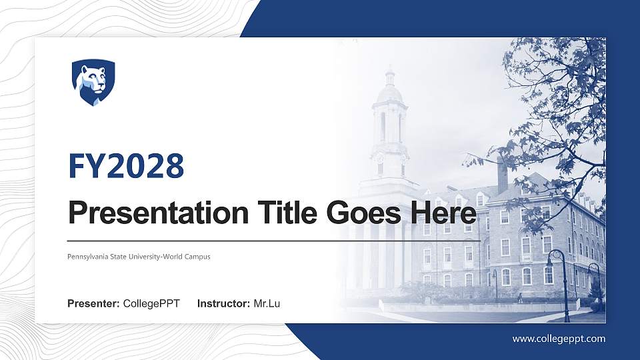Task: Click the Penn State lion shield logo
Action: pos(93,82)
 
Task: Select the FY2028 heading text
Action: pos(126,166)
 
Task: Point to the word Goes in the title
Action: pos(359,214)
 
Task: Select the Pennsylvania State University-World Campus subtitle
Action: pos(139,256)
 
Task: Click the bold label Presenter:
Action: pos(93,304)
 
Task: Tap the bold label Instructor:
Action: pos(224,304)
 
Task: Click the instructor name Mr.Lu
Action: pos(267,304)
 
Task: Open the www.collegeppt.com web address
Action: pos(559,339)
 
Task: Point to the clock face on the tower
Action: pos(379,159)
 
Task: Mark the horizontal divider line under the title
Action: pos(273,240)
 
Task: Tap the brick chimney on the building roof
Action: pos(502,175)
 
